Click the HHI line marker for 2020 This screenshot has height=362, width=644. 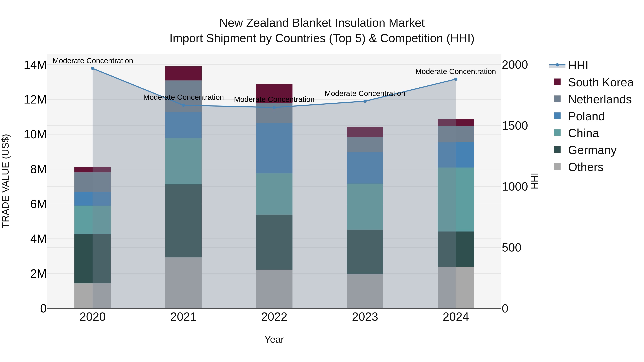(92, 68)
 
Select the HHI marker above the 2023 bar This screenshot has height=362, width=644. (365, 101)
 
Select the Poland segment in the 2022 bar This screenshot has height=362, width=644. (274, 148)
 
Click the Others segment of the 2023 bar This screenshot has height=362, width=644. (365, 291)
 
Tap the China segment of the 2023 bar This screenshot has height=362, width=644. (365, 207)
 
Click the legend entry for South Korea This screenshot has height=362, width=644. (601, 82)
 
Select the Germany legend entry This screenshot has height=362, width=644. (592, 150)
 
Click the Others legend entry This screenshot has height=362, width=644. (585, 167)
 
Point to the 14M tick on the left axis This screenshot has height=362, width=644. (35, 65)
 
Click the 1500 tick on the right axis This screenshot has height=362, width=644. (515, 126)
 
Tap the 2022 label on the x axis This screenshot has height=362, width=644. (274, 317)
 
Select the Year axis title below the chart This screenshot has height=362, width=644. (274, 339)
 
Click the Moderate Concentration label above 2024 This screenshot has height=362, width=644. (455, 72)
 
